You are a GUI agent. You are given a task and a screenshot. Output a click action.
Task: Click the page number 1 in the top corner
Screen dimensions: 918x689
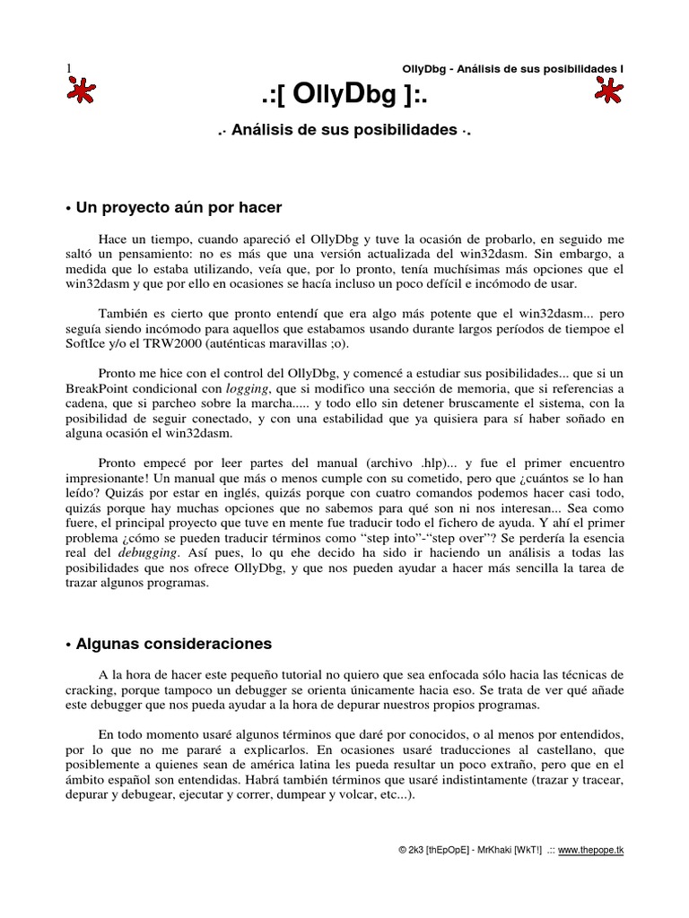click(68, 68)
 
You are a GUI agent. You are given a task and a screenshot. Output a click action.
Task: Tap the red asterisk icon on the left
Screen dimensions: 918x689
click(81, 91)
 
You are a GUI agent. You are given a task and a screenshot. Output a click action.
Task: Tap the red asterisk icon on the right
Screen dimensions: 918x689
click(609, 91)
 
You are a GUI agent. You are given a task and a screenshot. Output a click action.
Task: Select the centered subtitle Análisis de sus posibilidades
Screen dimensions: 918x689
click(344, 130)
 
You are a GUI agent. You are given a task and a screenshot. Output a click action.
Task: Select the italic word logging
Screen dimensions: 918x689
click(250, 389)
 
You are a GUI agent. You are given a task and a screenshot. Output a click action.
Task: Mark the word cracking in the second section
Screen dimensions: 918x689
click(92, 688)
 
